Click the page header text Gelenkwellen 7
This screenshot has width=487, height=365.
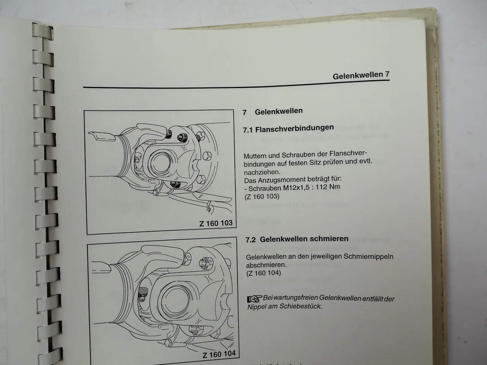coord(361,75)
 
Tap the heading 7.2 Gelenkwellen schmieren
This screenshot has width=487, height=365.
coord(297,239)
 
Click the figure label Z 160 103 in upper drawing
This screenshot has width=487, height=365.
coord(216,223)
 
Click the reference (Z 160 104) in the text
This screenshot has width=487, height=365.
coord(264,273)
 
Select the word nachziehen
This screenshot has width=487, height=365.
coord(262,171)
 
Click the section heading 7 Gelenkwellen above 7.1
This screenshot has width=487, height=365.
coord(273,112)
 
